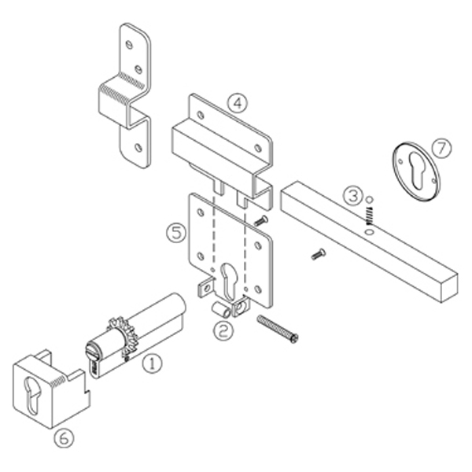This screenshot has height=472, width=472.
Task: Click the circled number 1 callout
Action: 150,363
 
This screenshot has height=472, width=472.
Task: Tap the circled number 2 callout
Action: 225,330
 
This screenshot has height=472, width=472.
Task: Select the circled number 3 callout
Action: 355,194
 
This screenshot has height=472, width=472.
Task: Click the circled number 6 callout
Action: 62,437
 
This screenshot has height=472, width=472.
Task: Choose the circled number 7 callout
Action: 442,147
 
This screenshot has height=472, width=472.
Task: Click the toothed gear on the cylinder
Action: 121,330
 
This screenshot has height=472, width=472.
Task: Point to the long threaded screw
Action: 278,328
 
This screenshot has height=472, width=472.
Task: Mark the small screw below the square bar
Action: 318,253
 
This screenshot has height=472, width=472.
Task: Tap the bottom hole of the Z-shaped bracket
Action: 139,147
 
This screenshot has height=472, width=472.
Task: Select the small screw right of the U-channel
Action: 263,219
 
